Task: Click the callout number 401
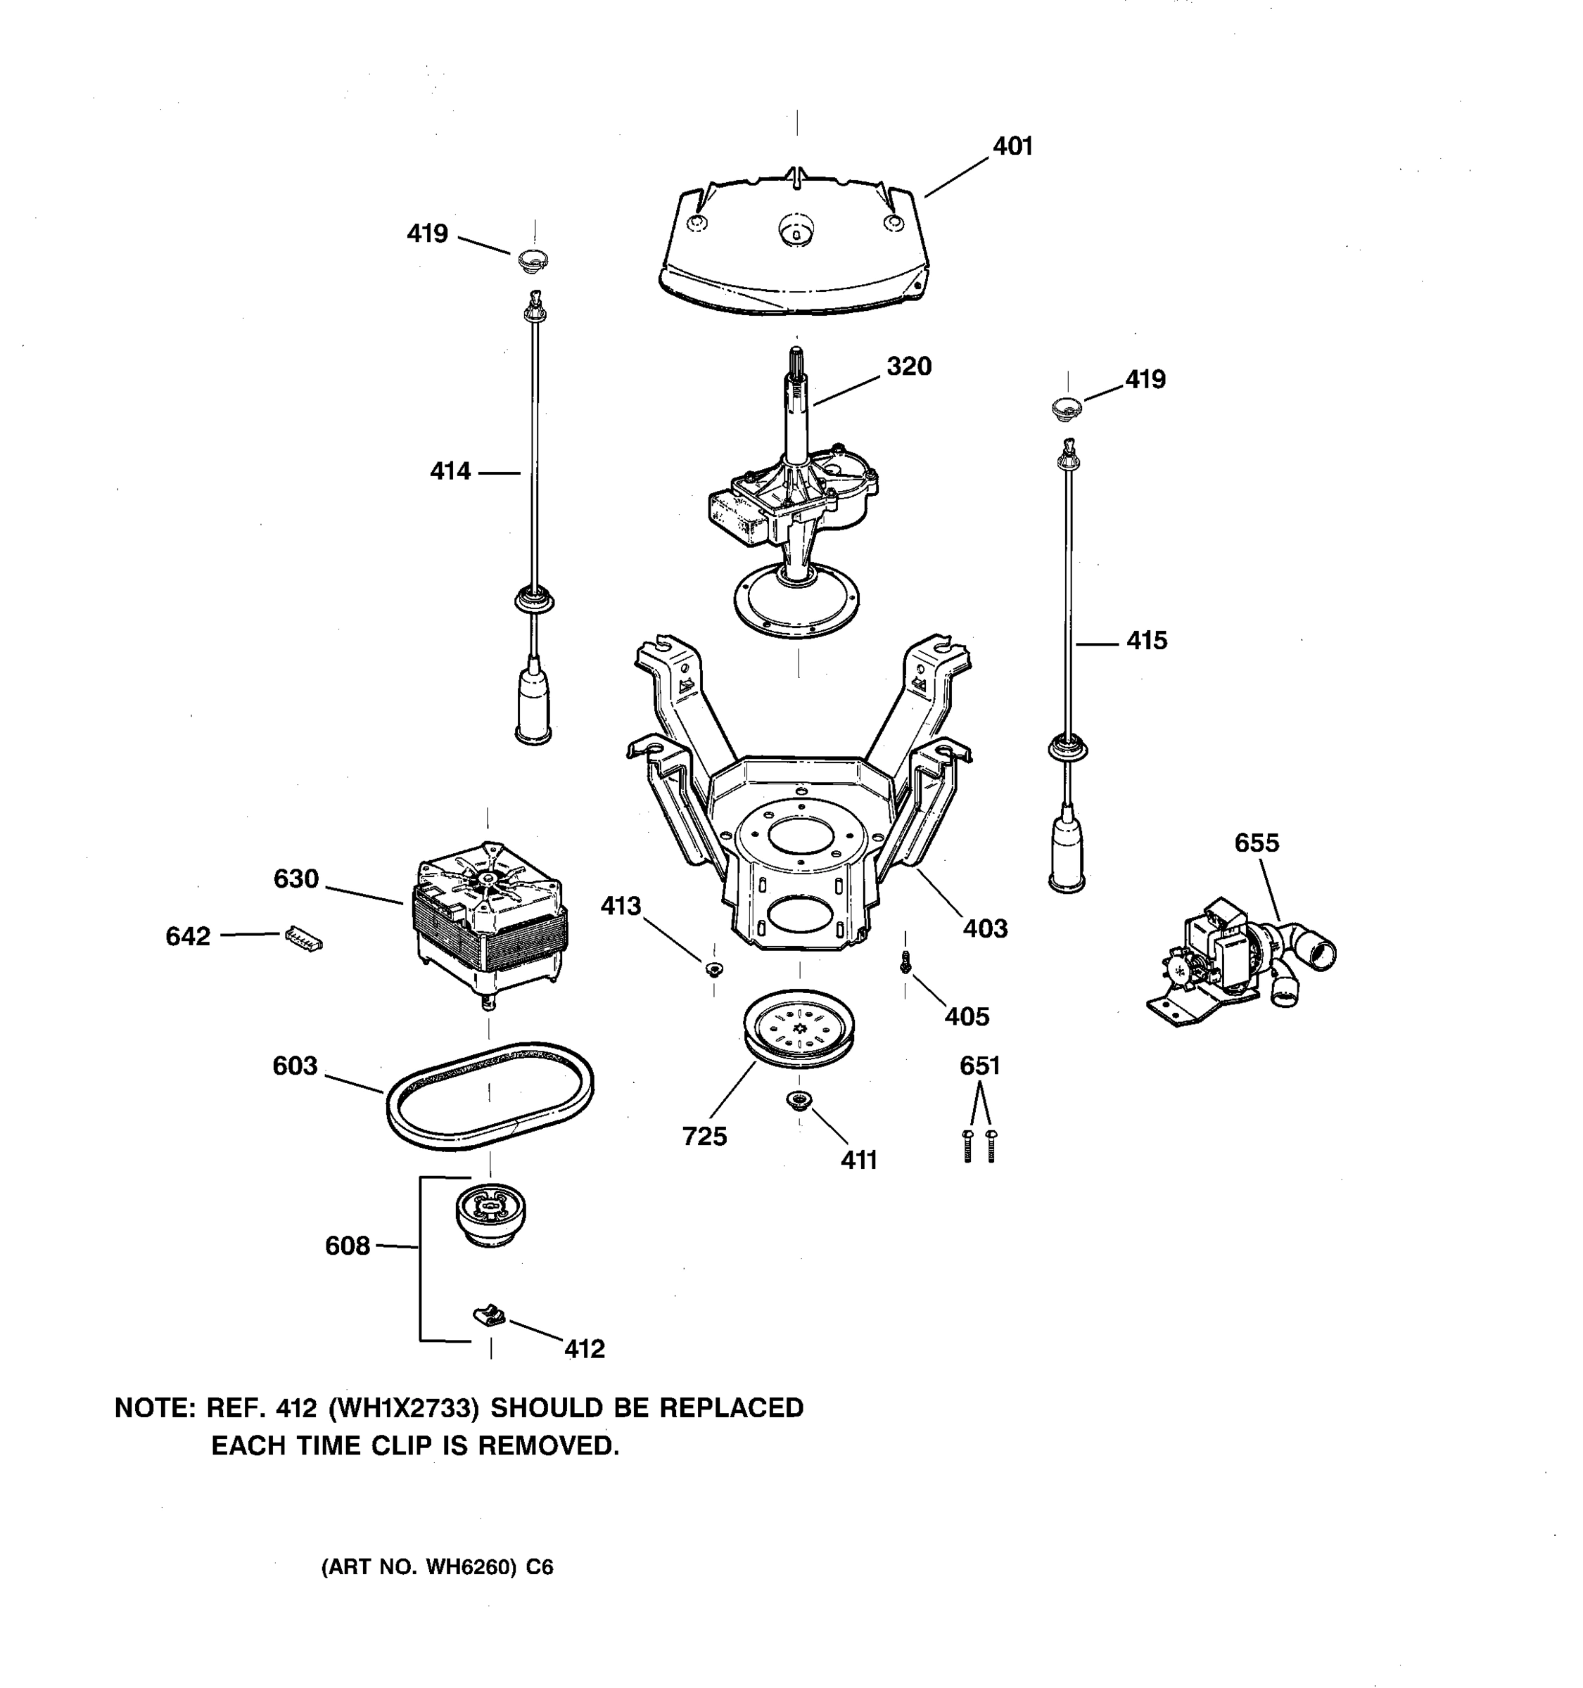[1012, 146]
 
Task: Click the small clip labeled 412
[489, 1316]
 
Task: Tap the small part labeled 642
[303, 938]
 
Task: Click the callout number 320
[909, 367]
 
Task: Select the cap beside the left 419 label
[533, 259]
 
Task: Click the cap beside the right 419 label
[1067, 407]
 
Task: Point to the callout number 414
[450, 471]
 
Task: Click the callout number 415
[1147, 640]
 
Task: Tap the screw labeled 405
[905, 962]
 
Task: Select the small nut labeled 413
[713, 968]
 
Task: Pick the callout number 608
[348, 1246]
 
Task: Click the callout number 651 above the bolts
[979, 1066]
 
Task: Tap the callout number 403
[985, 928]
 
